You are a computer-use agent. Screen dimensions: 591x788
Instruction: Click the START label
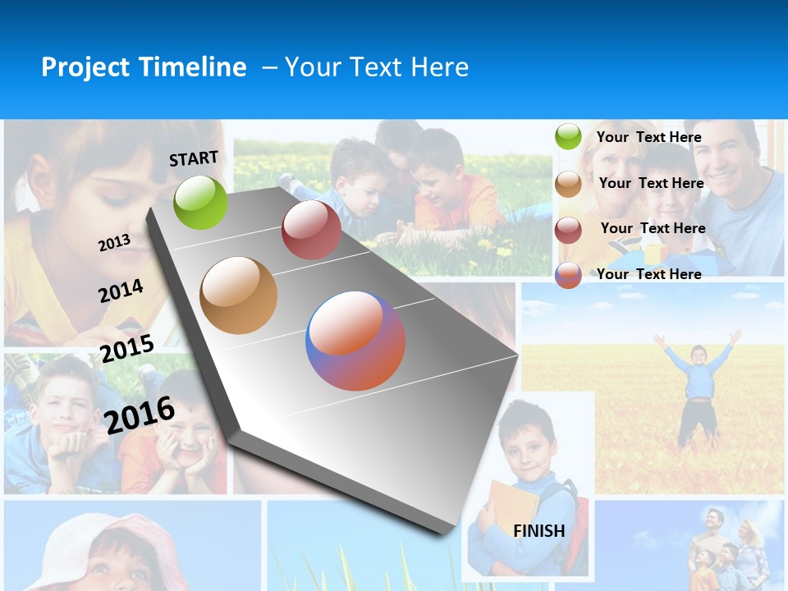[x=194, y=158]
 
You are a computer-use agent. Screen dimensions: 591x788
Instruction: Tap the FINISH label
[x=539, y=530]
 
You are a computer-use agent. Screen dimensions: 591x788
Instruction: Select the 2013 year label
[x=115, y=243]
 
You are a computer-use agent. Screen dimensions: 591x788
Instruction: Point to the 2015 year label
[x=126, y=348]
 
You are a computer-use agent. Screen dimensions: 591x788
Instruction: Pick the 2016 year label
[x=140, y=415]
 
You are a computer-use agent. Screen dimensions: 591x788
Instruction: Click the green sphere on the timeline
[x=201, y=202]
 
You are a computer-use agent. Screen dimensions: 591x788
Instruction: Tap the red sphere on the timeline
[x=311, y=230]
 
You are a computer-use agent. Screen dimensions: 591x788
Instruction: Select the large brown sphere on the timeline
[x=239, y=295]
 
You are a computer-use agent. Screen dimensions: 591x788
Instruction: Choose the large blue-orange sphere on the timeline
[x=355, y=341]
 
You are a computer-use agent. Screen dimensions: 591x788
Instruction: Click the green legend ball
[x=568, y=137]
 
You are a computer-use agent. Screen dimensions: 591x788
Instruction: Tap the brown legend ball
[x=568, y=184]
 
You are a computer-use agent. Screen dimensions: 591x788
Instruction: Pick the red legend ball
[x=568, y=230]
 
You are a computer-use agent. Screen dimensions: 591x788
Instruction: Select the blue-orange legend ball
[x=568, y=275]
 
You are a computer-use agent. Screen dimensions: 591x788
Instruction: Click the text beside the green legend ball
[x=649, y=137]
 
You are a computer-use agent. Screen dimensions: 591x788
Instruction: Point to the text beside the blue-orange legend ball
[x=649, y=274]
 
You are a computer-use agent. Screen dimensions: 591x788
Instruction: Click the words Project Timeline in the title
[x=144, y=67]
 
